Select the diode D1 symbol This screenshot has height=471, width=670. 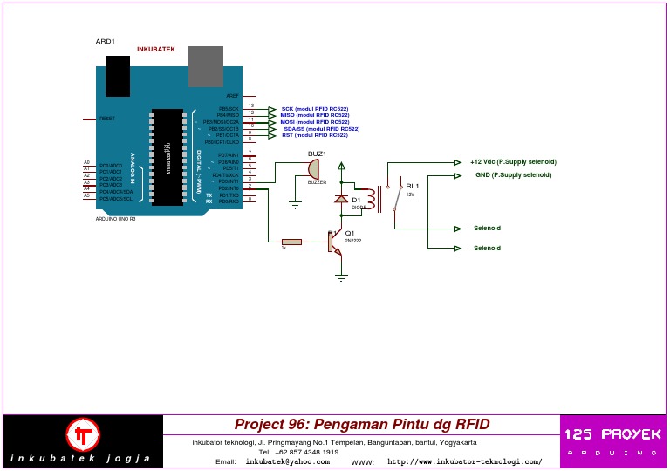(x=341, y=200)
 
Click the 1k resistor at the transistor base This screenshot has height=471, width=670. (x=291, y=242)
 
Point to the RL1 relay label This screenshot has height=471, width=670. (x=412, y=186)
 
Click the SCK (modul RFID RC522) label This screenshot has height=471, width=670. (x=314, y=109)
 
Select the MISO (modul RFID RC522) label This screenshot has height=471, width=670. (x=314, y=115)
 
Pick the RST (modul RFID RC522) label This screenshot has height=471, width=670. (x=314, y=135)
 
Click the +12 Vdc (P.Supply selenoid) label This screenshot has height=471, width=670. (x=513, y=161)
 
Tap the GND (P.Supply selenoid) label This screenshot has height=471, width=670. (x=513, y=174)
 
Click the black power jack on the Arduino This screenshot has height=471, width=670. (x=118, y=76)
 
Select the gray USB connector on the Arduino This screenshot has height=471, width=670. (x=206, y=66)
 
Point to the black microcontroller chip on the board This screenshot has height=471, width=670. (x=167, y=157)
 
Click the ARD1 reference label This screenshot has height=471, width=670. (x=105, y=41)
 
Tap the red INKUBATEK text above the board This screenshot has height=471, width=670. (x=155, y=49)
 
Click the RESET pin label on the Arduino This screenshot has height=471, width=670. (x=107, y=119)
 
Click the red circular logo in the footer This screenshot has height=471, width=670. (x=84, y=434)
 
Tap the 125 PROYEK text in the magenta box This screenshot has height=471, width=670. (x=612, y=434)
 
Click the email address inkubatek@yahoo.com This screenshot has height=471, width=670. (x=287, y=461)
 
